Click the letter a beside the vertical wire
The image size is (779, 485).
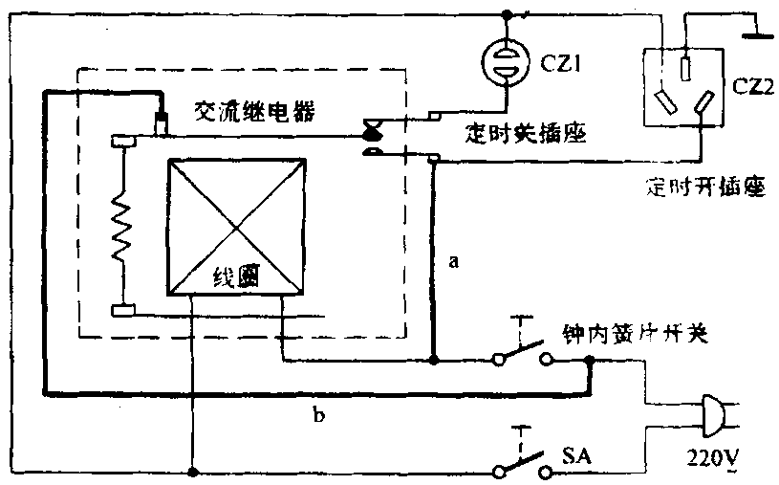(x=454, y=259)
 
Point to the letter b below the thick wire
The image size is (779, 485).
(x=318, y=414)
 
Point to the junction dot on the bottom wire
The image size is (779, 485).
(x=193, y=472)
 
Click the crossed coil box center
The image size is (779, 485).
(x=237, y=226)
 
